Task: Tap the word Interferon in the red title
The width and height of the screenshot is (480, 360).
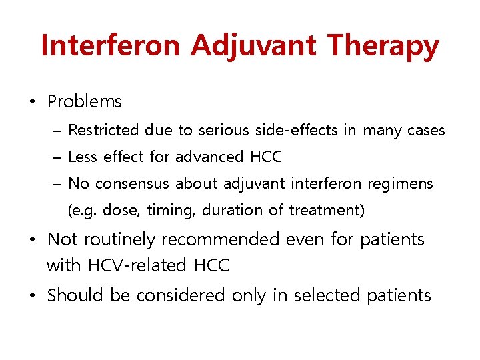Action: pos(110,46)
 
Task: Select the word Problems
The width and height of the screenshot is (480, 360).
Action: pos(85,102)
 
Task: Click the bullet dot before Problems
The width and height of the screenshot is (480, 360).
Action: pos(32,102)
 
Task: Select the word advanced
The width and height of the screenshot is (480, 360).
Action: pos(209,157)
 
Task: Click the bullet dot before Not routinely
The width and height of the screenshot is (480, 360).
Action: pos(32,239)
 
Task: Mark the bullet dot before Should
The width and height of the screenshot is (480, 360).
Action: pos(32,295)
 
